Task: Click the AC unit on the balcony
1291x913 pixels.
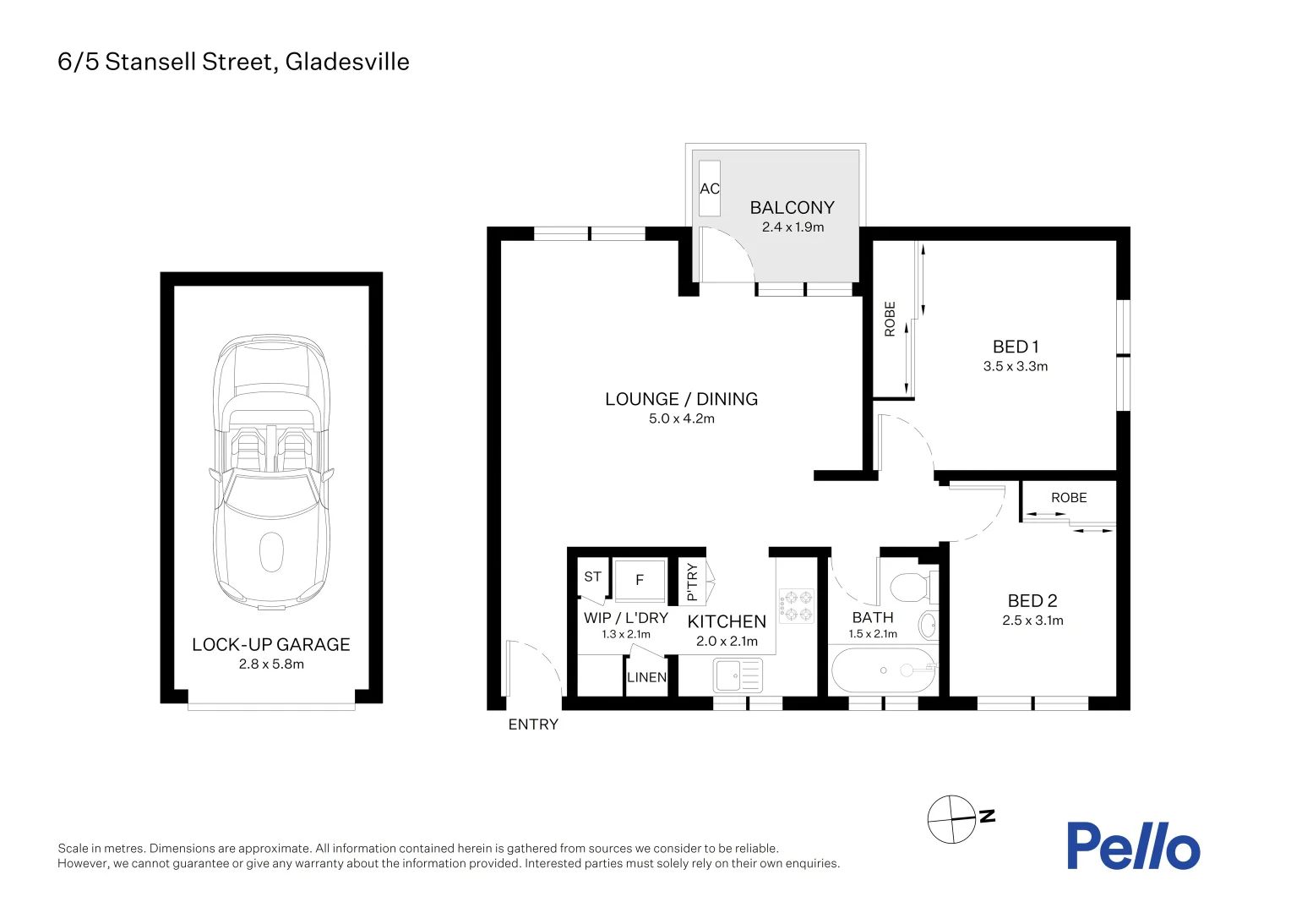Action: point(710,189)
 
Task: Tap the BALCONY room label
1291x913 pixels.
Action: point(792,207)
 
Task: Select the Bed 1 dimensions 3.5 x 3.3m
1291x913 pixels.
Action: point(1015,366)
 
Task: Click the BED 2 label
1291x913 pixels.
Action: point(1032,601)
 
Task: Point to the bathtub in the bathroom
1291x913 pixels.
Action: point(883,670)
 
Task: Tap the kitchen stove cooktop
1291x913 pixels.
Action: point(797,605)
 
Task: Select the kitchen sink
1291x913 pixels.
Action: point(738,675)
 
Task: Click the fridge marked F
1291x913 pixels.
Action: point(640,579)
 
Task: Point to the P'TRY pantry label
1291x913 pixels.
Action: point(693,582)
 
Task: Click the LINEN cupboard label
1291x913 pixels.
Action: point(646,677)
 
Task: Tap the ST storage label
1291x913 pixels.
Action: point(592,577)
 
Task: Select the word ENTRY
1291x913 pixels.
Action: point(533,724)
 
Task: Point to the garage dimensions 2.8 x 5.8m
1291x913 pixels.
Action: point(271,664)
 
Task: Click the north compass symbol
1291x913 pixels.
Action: point(952,819)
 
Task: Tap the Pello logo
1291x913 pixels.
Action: point(1132,845)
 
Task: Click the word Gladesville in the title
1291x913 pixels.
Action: point(347,62)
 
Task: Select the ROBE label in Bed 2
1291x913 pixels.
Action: point(1069,498)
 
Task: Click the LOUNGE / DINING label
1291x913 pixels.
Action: point(681,399)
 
